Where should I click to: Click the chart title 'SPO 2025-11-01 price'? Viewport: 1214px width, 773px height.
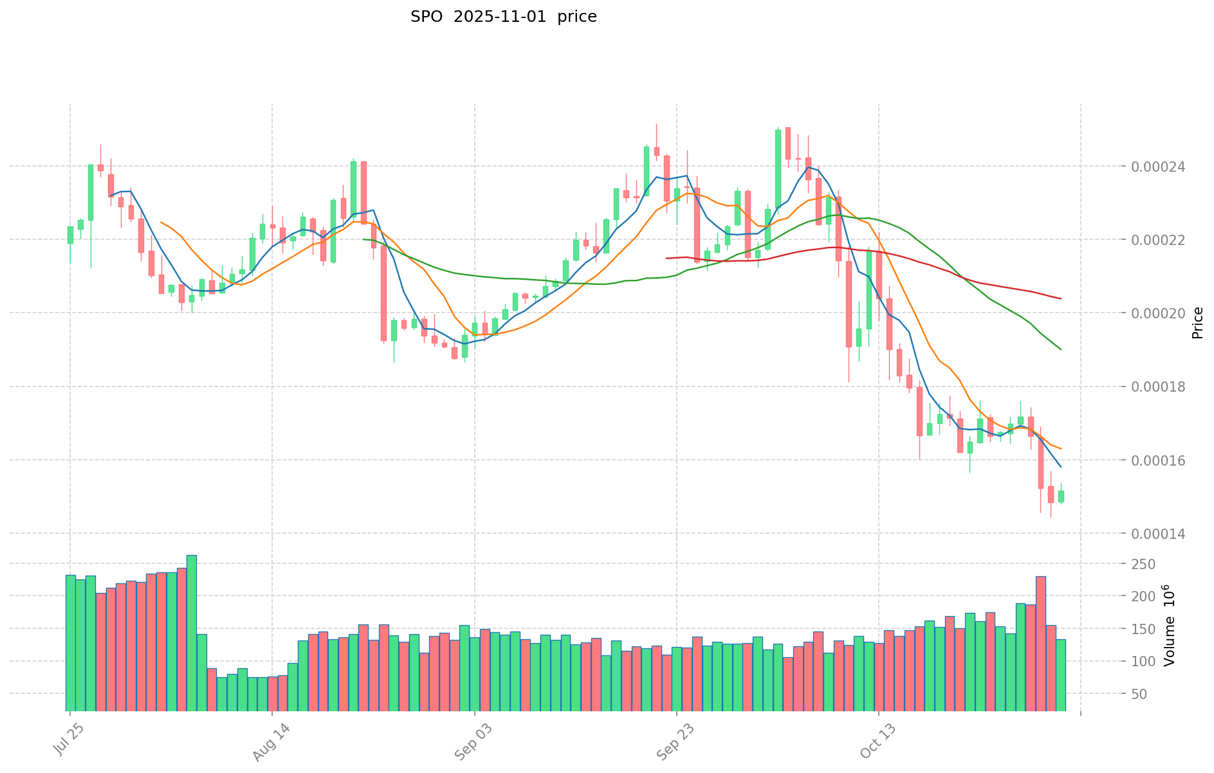503,17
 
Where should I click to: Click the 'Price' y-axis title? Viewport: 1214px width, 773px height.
1197,323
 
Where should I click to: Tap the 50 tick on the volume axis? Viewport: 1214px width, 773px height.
1152,695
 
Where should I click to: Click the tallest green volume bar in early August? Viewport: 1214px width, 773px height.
192,633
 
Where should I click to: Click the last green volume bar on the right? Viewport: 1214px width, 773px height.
1061,675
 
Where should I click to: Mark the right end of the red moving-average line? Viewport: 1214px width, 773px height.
1061,298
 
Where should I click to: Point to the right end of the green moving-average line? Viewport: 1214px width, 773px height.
1061,349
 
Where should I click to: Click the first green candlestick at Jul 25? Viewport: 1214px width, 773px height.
70,235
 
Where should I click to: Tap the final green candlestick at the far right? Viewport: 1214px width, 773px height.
1061,496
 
